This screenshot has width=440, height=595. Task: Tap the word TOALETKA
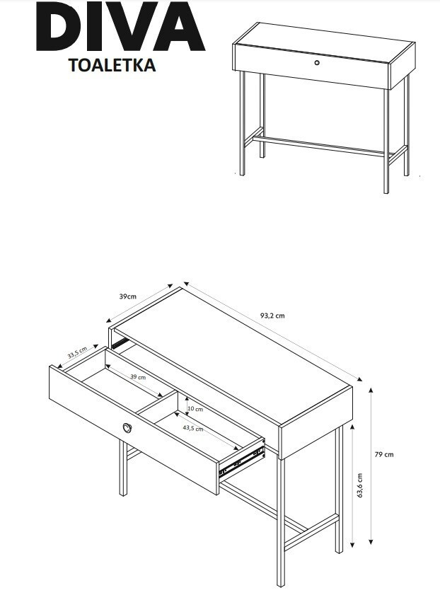[112, 65]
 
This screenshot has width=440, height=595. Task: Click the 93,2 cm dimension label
[272, 316]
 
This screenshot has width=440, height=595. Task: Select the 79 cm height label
[384, 454]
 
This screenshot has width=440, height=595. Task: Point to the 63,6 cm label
[359, 485]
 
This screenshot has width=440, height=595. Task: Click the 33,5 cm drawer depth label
[77, 352]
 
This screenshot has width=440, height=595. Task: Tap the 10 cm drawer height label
[195, 409]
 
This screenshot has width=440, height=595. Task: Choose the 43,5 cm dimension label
[192, 428]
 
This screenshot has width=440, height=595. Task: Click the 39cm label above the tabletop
[128, 296]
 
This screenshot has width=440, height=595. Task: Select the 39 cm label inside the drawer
[138, 377]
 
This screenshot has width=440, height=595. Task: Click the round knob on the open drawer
[127, 427]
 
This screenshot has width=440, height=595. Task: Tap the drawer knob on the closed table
[317, 62]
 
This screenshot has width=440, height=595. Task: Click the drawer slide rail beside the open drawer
[242, 461]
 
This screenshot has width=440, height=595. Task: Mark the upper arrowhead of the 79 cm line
[371, 390]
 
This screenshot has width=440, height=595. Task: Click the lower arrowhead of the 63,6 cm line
[352, 545]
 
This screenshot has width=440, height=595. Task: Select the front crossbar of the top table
[318, 146]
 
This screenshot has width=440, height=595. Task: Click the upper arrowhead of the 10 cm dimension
[187, 400]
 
